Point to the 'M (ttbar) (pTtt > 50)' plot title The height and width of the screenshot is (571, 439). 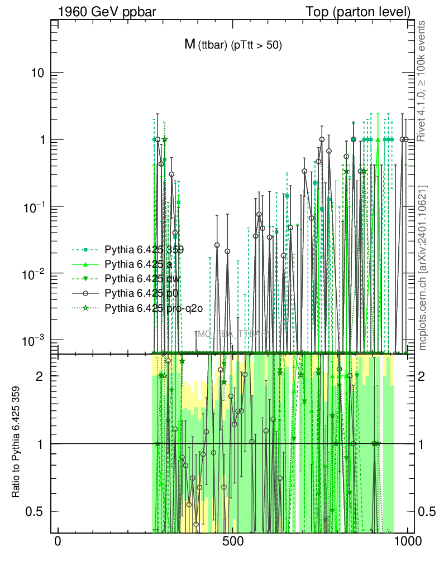click(x=233, y=46)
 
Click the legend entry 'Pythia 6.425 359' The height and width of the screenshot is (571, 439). click(x=144, y=249)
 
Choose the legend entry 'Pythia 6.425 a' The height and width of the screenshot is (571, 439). click(x=136, y=264)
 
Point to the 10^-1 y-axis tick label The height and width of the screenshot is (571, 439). click(x=37, y=206)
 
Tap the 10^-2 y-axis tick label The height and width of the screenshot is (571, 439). click(x=37, y=273)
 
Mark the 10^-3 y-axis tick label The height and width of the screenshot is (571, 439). click(x=37, y=340)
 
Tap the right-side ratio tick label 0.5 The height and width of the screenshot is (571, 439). click(x=427, y=511)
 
